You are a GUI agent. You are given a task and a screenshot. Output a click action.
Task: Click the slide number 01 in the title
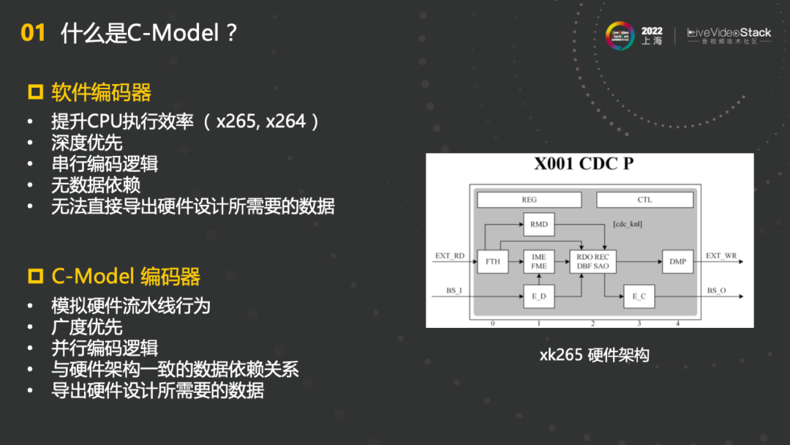click(33, 33)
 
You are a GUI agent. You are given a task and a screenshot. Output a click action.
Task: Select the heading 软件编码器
click(101, 93)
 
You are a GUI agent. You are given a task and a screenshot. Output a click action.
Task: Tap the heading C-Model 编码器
click(125, 277)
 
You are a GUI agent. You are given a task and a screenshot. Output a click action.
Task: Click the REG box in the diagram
click(529, 199)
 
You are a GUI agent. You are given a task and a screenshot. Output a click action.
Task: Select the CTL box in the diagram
click(644, 199)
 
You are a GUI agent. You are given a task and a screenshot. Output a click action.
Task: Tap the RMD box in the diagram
click(539, 224)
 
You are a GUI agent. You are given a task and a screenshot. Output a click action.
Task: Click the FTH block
click(493, 261)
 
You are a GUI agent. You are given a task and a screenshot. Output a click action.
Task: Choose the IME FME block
click(539, 261)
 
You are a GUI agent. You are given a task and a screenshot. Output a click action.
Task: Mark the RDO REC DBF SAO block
click(592, 261)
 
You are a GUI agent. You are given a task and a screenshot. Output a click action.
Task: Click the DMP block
click(677, 261)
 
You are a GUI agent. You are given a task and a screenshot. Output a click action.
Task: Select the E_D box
click(539, 296)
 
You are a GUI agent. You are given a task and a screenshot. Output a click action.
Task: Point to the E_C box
click(639, 296)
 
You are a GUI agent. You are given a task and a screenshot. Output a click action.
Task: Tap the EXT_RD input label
click(450, 256)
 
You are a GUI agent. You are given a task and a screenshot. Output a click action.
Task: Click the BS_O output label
click(717, 291)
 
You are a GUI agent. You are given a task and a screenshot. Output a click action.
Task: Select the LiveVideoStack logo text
click(729, 33)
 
